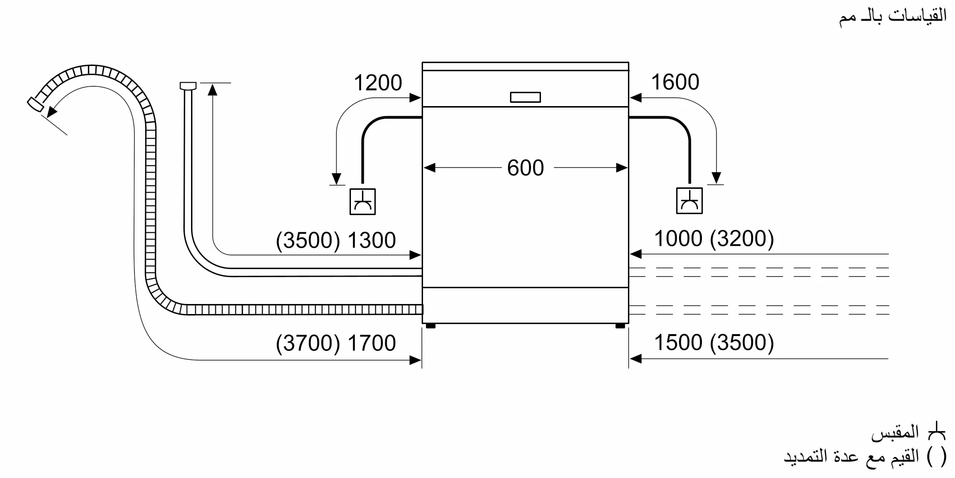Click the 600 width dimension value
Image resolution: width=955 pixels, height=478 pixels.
click(x=525, y=168)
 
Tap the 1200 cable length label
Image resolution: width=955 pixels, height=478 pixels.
click(x=378, y=83)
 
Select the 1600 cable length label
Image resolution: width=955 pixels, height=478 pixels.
click(x=675, y=82)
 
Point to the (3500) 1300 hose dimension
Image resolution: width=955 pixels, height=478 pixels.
click(x=336, y=240)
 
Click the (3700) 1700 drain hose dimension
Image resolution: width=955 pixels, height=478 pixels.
click(x=336, y=343)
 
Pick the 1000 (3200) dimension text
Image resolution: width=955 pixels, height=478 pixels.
click(x=713, y=239)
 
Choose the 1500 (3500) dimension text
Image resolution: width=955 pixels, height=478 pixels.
click(x=713, y=343)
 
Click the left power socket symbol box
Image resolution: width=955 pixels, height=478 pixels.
click(x=362, y=201)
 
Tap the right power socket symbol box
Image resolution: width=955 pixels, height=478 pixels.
click(x=689, y=201)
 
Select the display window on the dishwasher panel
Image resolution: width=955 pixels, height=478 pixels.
click(x=525, y=98)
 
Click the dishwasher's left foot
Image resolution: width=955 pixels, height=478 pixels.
click(x=430, y=326)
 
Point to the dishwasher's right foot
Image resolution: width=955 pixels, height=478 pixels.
click(x=620, y=326)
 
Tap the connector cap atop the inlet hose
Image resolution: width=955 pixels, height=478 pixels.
click(x=188, y=86)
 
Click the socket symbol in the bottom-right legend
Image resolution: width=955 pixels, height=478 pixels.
click(x=936, y=433)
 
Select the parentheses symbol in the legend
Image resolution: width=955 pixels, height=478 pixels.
click(x=936, y=457)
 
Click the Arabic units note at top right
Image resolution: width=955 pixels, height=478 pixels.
click(x=892, y=17)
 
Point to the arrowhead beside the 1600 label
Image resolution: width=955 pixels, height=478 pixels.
click(x=636, y=98)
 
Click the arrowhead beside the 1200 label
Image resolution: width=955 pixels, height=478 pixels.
click(x=415, y=98)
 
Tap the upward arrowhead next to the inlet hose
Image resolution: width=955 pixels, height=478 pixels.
click(x=213, y=89)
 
